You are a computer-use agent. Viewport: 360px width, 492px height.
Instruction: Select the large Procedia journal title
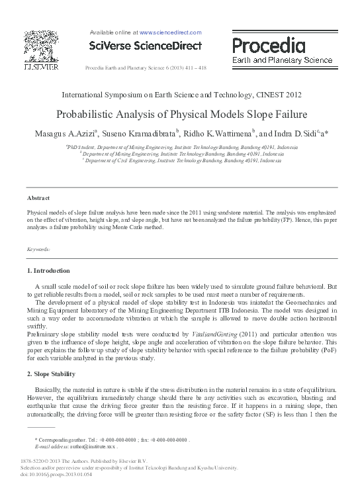[268, 46]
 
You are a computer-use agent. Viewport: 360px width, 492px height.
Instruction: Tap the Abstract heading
[38, 198]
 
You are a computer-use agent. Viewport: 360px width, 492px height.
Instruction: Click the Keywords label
[38, 249]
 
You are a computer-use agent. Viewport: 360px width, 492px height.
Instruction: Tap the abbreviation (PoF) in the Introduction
[324, 351]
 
